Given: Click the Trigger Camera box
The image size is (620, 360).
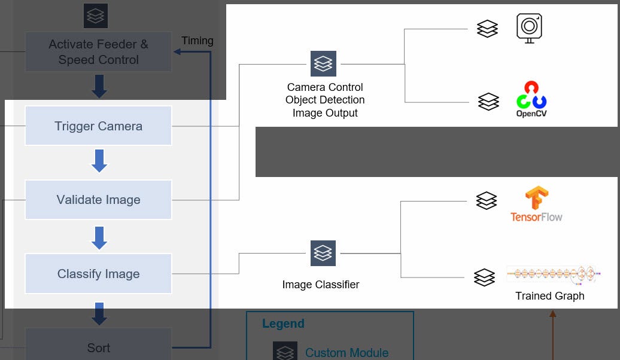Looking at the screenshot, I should pos(98,126).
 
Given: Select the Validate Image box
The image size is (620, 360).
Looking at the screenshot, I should pos(98,200).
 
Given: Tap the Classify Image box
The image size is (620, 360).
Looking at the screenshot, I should pos(98,274).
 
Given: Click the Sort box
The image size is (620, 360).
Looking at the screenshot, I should pos(98,346).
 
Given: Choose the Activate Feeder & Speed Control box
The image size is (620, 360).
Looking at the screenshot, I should pos(98,52).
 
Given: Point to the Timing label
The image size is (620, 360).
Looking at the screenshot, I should pos(197,41).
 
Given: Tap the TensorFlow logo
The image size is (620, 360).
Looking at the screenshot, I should pos(536,205).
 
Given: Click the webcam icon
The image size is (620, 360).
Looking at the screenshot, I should pos(529,28).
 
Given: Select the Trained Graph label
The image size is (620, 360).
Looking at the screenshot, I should pos(549,296).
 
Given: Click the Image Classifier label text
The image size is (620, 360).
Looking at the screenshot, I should pos(321,285).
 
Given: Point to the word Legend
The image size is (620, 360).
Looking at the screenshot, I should pos(283,324).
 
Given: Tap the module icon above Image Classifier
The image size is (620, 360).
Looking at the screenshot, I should pos(323,253).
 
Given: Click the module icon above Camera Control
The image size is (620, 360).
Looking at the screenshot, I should pos(323,63).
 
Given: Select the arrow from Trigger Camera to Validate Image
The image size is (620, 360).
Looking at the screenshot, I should pos(99,161).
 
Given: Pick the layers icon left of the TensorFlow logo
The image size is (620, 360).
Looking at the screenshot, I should pos(487,201).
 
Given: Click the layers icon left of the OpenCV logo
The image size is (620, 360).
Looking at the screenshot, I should pos(488,102).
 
